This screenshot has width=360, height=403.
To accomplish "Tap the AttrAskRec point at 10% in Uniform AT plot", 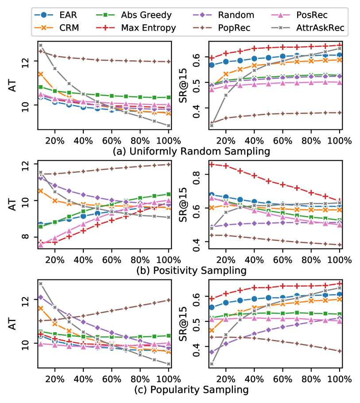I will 41,45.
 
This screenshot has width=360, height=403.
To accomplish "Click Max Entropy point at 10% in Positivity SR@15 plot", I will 212,164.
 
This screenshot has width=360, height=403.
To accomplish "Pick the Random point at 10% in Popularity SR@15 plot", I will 212,352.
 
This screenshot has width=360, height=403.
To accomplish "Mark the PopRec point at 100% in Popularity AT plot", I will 168,300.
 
